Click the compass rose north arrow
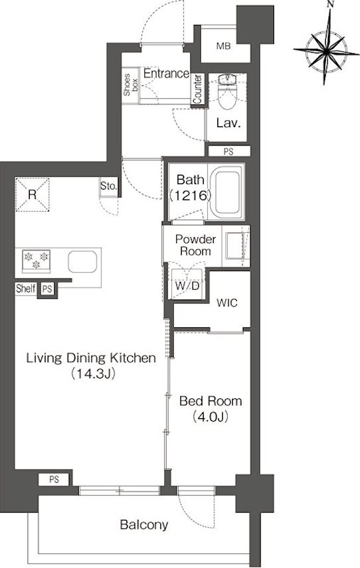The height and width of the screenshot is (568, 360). click(x=327, y=46)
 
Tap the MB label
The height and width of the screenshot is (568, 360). click(x=224, y=46)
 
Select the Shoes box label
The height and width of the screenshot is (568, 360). click(x=131, y=85)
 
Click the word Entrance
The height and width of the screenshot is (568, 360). click(x=166, y=74)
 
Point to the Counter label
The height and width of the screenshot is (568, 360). click(x=197, y=89)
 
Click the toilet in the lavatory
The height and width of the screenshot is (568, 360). click(x=227, y=92)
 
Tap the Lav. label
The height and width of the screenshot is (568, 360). click(x=228, y=123)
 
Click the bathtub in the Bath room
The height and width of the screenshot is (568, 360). click(x=227, y=192)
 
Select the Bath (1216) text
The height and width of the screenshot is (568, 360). click(x=190, y=187)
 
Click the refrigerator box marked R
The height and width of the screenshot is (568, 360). click(x=32, y=195)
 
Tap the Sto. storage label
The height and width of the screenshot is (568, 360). click(x=109, y=186)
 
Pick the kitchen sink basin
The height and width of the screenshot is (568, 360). click(x=82, y=261)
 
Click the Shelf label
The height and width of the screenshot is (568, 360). click(x=26, y=289)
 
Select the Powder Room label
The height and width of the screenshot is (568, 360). click(x=195, y=245)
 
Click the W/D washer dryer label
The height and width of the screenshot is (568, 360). click(x=187, y=286)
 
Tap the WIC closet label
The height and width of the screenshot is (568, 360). click(x=227, y=302)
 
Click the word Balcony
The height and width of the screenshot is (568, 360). click(x=143, y=525)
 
